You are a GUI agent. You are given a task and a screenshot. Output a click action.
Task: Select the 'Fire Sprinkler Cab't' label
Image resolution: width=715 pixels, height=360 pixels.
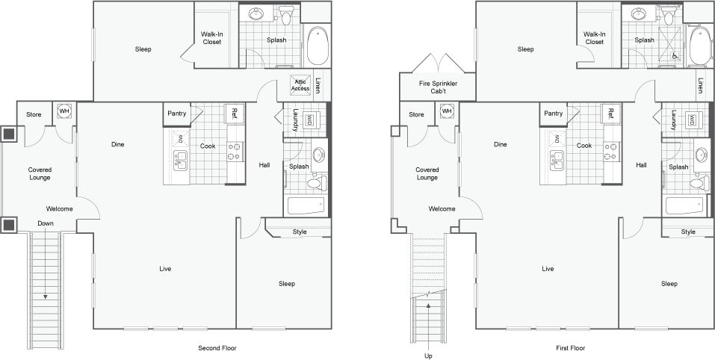point(437,88)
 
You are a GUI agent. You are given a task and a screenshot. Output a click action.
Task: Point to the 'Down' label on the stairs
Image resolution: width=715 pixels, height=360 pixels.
point(46,224)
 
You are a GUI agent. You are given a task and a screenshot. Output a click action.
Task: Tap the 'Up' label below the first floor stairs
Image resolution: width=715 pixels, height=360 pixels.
point(428,356)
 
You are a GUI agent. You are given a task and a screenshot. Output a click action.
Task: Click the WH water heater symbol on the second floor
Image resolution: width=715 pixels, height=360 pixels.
point(64,111)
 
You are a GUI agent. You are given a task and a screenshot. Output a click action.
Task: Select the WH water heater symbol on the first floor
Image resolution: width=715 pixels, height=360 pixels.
point(447,111)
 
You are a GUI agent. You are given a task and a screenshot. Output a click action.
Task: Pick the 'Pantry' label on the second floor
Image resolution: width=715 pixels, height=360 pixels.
point(176,114)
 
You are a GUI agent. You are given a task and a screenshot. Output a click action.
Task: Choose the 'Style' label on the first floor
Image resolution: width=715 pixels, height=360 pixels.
point(688,232)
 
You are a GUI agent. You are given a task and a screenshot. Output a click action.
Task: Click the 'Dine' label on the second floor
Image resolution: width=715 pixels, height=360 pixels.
point(117,144)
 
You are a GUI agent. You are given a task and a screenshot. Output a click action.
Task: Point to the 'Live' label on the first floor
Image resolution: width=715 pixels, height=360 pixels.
point(548,268)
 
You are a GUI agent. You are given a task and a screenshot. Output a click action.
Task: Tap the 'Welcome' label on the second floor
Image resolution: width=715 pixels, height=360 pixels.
point(60,208)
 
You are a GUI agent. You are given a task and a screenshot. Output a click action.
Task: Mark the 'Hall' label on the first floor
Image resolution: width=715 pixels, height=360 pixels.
point(641,165)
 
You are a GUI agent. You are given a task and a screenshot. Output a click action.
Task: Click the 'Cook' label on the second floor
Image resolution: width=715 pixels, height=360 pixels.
point(208,146)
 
